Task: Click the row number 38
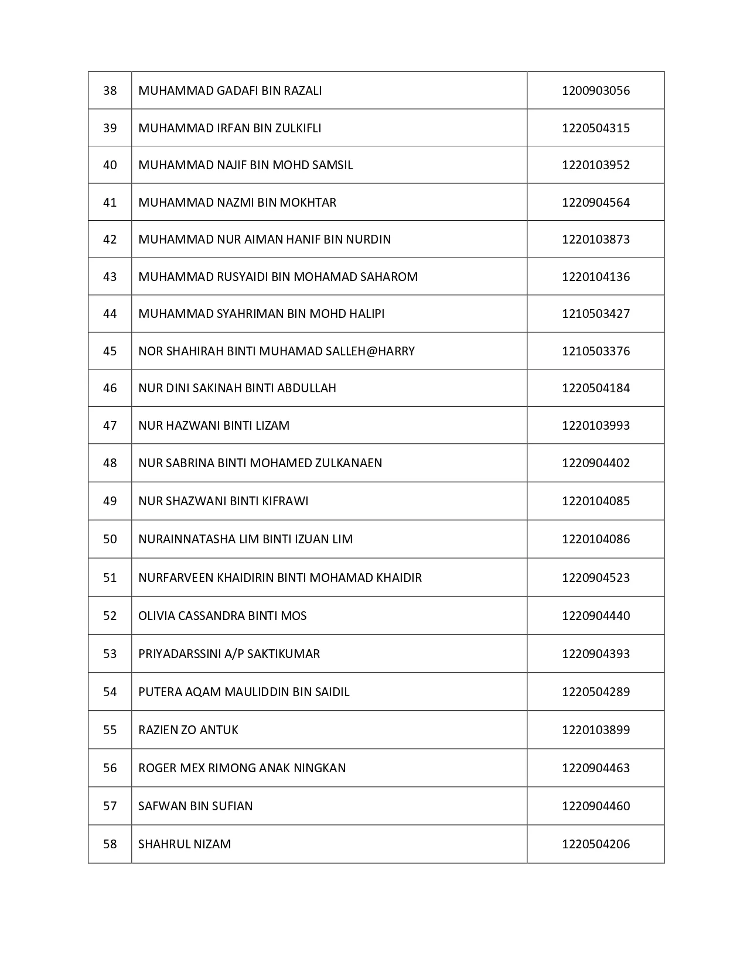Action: [110, 91]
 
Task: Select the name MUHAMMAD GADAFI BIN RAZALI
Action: [230, 91]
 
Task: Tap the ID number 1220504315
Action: [595, 128]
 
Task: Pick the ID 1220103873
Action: [595, 239]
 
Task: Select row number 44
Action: [110, 314]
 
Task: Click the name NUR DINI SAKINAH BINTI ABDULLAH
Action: [237, 388]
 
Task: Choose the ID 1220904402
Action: [595, 463]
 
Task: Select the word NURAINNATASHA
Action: [186, 539]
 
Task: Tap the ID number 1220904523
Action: [595, 578]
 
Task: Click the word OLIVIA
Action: [156, 616]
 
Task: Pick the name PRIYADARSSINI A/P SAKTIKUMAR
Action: [228, 654]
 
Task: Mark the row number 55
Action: [110, 730]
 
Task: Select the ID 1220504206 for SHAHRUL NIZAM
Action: [595, 844]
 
